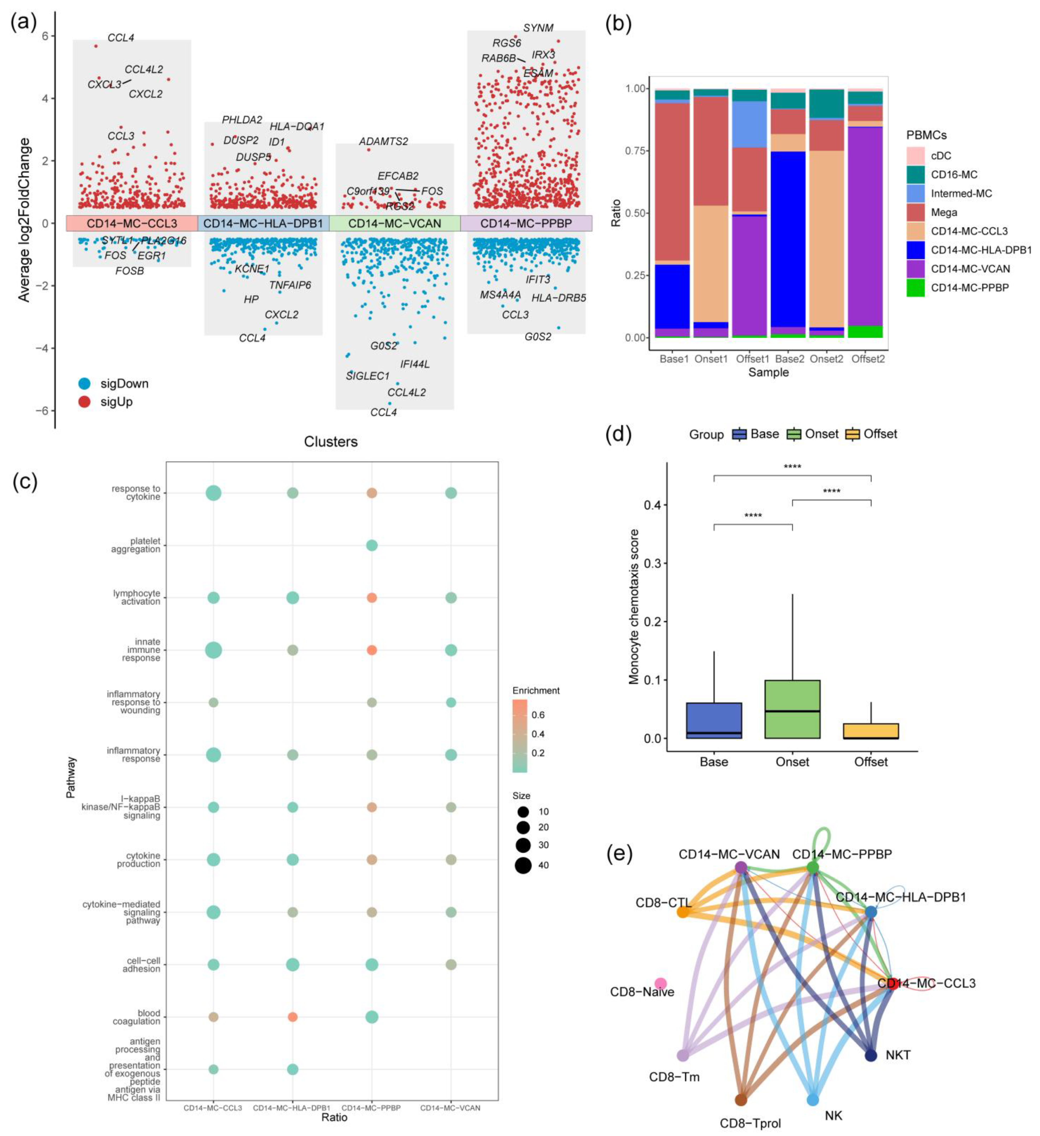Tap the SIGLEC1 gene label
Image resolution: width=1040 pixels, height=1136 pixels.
pos(367,376)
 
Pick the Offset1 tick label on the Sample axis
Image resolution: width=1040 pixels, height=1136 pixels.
pos(753,359)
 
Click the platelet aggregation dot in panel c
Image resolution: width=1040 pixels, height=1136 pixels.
pos(371,545)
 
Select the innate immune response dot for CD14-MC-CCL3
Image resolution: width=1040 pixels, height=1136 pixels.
pos(213,650)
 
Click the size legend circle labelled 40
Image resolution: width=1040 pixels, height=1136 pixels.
pos(523,865)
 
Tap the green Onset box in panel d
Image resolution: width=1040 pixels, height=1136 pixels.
pos(792,709)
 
